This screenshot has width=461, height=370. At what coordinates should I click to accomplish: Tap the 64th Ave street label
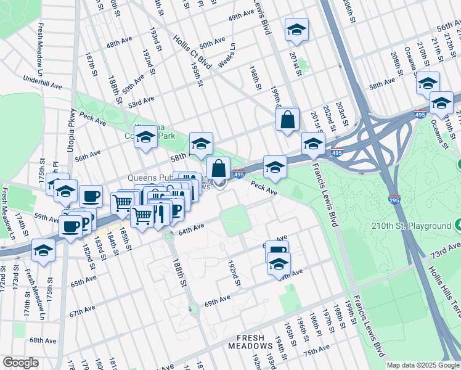tap(191, 229)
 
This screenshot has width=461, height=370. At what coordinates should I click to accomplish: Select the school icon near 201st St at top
tap(296, 30)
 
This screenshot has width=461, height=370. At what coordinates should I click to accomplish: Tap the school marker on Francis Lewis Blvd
tap(313, 144)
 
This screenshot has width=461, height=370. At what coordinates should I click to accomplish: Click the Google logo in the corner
tap(20, 363)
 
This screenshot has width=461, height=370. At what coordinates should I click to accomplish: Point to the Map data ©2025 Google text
tap(422, 365)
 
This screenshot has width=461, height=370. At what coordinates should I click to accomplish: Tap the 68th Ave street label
tap(43, 340)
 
